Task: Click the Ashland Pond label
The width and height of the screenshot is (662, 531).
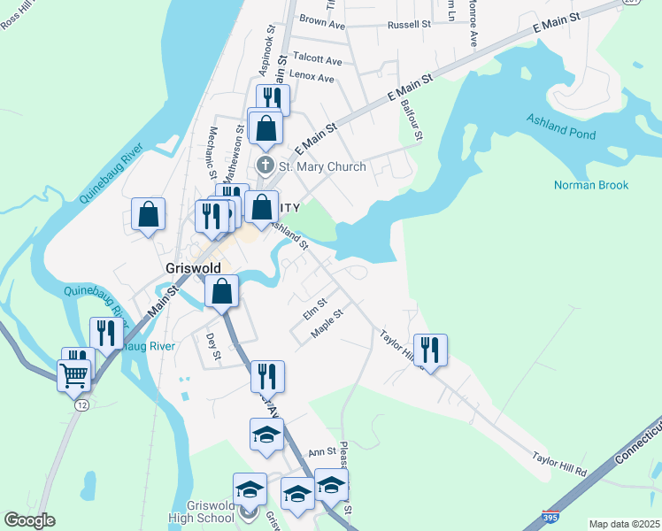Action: pyautogui.click(x=561, y=125)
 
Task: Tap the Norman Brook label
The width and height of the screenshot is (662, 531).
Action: pyautogui.click(x=590, y=185)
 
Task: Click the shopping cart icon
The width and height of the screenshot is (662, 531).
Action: pyautogui.click(x=73, y=375)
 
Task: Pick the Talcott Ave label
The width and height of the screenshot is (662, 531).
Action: pyautogui.click(x=316, y=60)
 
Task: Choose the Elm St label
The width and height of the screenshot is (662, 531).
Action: pyautogui.click(x=315, y=303)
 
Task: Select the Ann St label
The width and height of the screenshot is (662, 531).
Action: pyautogui.click(x=322, y=451)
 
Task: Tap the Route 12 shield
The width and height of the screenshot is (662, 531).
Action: pyautogui.click(x=81, y=404)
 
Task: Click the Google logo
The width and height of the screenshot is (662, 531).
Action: pyautogui.click(x=29, y=520)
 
